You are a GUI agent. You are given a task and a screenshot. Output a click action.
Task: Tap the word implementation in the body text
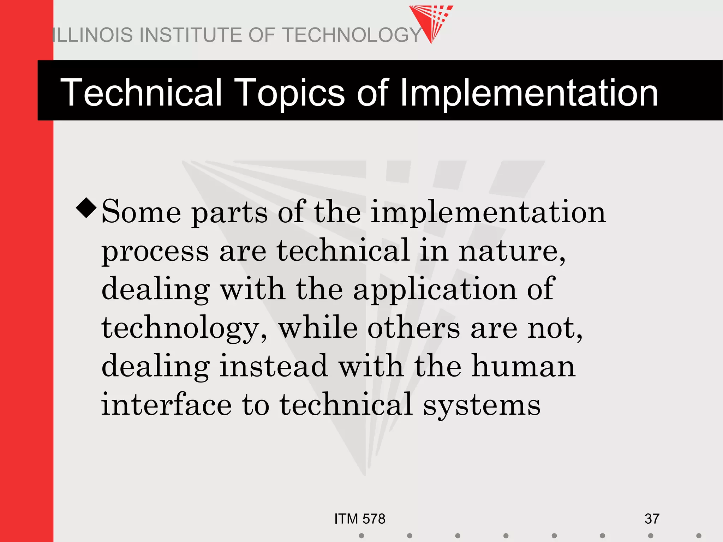[488, 213]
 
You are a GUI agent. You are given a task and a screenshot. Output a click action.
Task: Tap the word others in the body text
[414, 328]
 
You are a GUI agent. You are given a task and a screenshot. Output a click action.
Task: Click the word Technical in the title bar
[141, 92]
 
